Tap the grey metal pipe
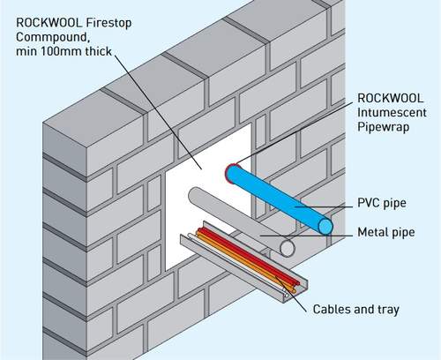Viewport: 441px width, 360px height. [x=238, y=221]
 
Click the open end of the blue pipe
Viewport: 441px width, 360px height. [x=327, y=226]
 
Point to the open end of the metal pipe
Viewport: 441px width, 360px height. [x=287, y=249]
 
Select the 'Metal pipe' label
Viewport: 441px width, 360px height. [x=388, y=233]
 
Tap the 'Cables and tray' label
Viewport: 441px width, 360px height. [x=356, y=310]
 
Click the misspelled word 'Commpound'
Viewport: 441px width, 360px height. [x=45, y=38]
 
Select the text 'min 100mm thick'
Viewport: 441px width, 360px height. [x=61, y=54]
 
